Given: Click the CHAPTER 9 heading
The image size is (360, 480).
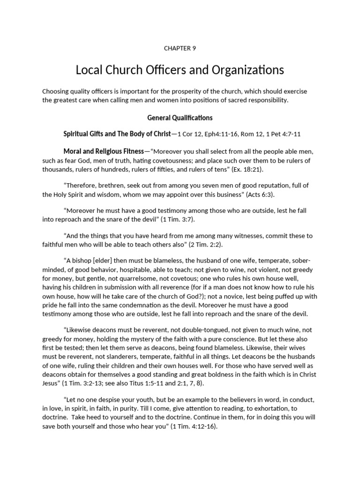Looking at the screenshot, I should [x=180, y=48].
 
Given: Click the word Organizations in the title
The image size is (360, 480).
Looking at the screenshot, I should [x=247, y=70].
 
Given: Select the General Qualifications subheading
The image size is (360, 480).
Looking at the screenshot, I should [x=180, y=118].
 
